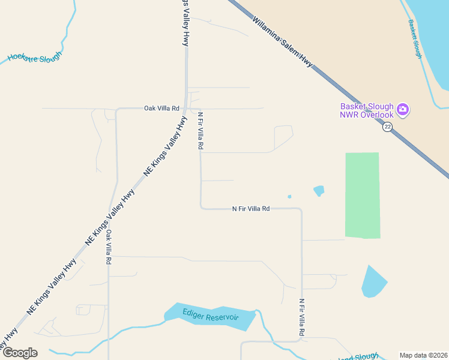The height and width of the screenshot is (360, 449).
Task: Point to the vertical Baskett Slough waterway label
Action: (x=415, y=38)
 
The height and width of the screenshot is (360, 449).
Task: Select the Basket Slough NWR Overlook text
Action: (x=366, y=111)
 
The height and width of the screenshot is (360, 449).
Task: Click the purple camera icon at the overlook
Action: (x=403, y=110)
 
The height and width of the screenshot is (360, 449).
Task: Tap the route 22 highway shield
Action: (x=388, y=126)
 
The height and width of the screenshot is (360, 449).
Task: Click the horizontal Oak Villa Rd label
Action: (x=161, y=109)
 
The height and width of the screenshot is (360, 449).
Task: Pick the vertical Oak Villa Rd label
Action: (x=109, y=247)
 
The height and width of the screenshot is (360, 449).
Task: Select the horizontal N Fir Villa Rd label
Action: (x=251, y=209)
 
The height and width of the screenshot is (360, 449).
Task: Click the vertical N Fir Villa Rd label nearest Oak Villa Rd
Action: (x=200, y=130)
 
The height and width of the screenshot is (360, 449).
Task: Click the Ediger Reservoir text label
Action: (x=211, y=317)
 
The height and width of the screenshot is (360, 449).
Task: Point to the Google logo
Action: (x=20, y=352)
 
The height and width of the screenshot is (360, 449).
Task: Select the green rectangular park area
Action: (x=362, y=195)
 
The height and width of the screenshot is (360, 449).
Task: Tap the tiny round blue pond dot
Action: (x=289, y=196)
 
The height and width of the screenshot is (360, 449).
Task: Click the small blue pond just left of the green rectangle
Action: (x=319, y=191)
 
